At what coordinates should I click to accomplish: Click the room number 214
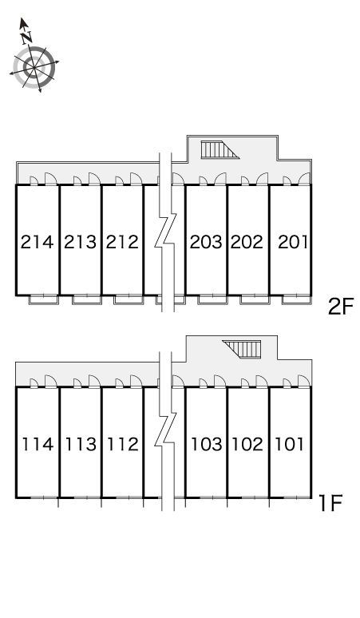click(37, 242)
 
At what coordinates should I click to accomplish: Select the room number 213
click(81, 242)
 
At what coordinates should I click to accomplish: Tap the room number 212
click(122, 242)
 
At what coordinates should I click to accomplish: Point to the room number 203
click(206, 242)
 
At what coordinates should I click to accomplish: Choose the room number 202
click(247, 242)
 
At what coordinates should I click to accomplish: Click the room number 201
click(293, 242)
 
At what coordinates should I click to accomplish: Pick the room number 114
click(38, 444)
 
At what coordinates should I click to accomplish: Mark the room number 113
click(81, 444)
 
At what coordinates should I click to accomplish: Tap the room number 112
click(123, 444)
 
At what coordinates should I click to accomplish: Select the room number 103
click(207, 444)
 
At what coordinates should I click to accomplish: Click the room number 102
click(247, 444)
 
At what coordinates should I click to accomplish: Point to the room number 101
click(290, 444)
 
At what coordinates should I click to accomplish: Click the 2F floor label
click(342, 307)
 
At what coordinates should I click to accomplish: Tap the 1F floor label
click(330, 503)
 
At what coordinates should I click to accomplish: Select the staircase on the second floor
click(220, 150)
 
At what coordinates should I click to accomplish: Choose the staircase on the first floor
click(242, 349)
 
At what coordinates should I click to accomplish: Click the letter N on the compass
click(27, 38)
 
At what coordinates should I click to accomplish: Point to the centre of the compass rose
click(34, 66)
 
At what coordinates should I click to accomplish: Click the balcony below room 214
click(44, 299)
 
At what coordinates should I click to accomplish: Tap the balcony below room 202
click(255, 299)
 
